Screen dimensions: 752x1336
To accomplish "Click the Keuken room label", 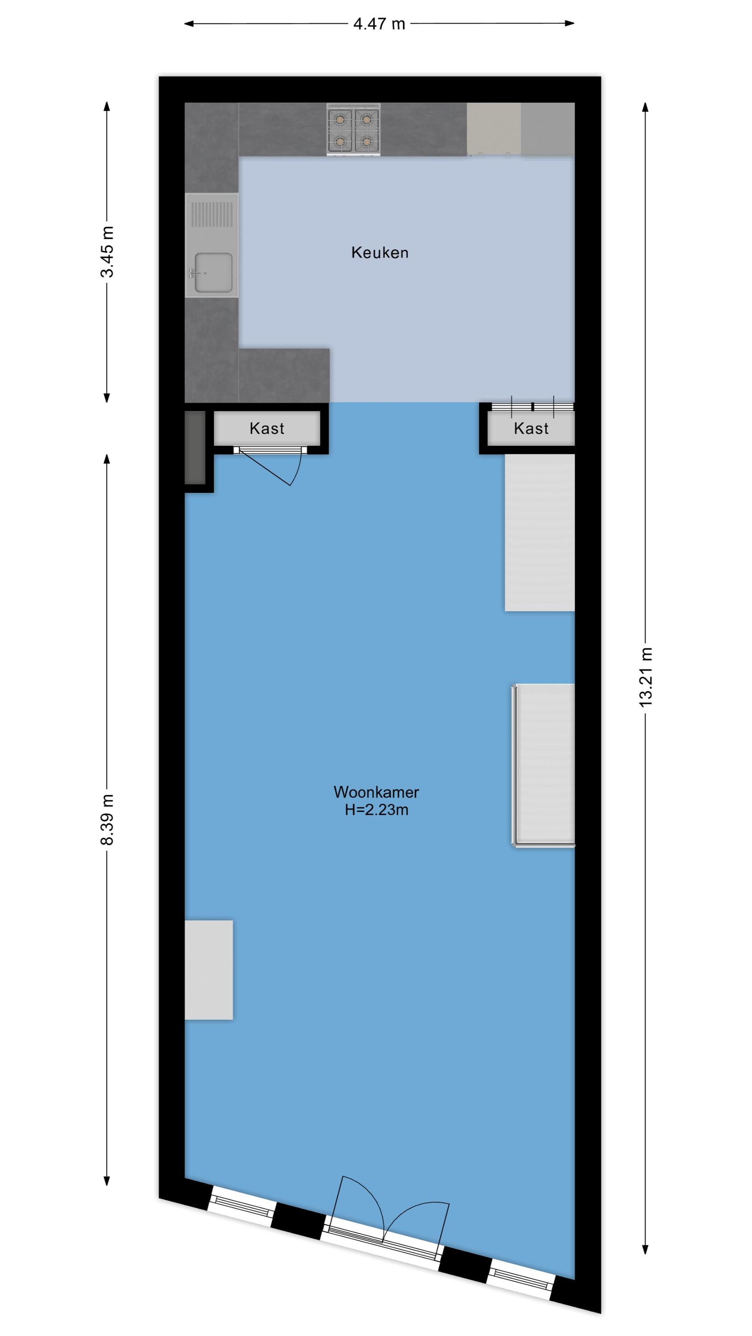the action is click(380, 253).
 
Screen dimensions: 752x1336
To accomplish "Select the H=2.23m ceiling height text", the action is click(376, 810).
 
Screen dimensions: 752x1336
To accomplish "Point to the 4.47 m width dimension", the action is click(379, 24).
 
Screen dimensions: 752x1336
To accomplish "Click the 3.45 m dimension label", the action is click(107, 252).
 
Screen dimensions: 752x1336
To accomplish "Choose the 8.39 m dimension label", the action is click(107, 819).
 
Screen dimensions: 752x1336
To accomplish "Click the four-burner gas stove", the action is click(353, 129).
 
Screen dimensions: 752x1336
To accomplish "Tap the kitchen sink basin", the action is click(213, 273).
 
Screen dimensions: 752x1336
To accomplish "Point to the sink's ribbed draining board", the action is click(212, 214).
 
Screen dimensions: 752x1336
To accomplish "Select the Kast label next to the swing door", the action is click(267, 428).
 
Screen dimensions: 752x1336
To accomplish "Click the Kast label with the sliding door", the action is click(531, 428).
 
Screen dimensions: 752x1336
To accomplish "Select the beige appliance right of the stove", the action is click(494, 129).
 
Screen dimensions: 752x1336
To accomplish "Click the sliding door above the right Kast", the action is click(532, 407).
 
